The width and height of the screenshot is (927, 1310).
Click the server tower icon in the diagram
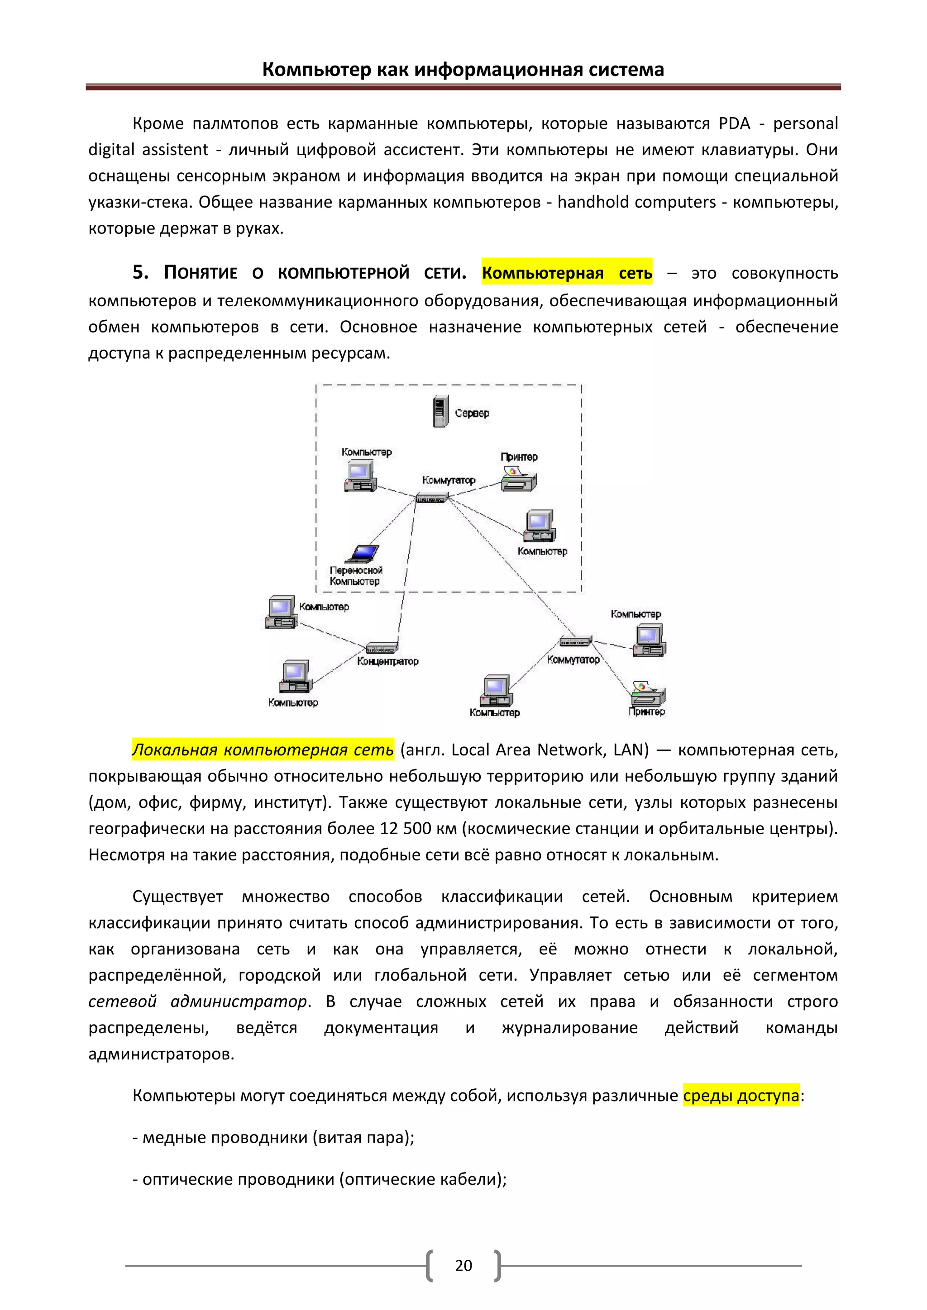point(440,411)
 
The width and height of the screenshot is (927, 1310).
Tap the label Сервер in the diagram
point(472,413)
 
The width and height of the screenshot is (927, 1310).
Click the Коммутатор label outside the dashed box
point(573,660)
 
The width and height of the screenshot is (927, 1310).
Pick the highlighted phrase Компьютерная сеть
point(567,273)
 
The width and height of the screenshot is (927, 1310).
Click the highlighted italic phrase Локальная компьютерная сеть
point(263,749)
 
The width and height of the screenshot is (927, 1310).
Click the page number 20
point(463,1266)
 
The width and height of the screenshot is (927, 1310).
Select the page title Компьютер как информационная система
point(463,70)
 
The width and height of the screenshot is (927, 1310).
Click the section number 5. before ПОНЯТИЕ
point(140,273)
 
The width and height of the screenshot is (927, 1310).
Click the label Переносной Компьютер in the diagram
point(356,576)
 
